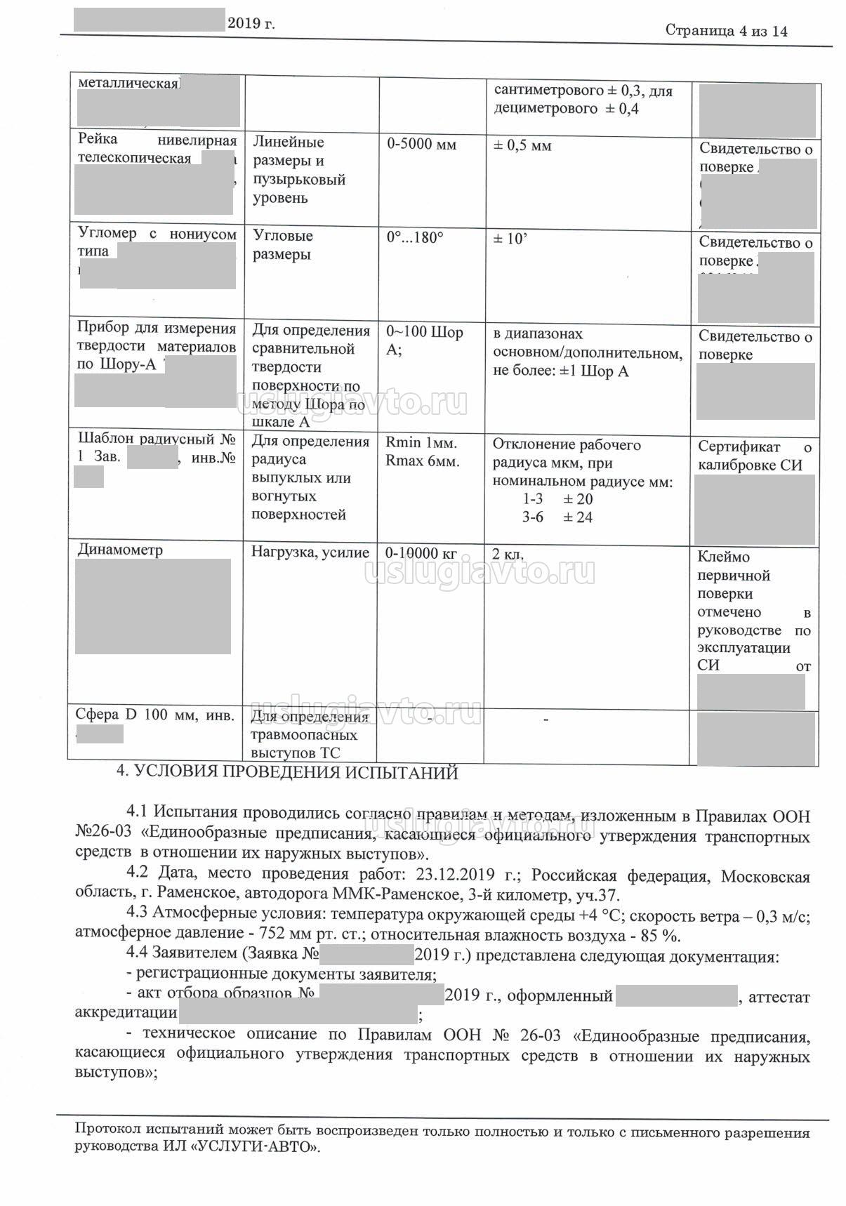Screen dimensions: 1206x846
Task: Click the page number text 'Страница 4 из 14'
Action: (726, 31)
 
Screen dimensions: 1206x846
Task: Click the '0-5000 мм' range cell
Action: (421, 145)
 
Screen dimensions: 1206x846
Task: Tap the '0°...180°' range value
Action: (415, 238)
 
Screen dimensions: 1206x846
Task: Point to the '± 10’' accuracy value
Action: (510, 239)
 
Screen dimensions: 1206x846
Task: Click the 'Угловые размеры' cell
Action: (282, 245)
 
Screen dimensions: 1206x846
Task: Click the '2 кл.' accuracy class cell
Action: (508, 554)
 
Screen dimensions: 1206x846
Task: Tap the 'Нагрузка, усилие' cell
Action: (310, 552)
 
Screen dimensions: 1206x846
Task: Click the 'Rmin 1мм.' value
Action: (421, 444)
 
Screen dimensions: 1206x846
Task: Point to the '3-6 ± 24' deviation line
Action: (557, 517)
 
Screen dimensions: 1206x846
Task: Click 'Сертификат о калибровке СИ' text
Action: (754, 456)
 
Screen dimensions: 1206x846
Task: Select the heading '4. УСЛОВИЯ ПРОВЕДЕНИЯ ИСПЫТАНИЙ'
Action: (286, 773)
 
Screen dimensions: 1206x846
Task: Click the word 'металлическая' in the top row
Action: (128, 83)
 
